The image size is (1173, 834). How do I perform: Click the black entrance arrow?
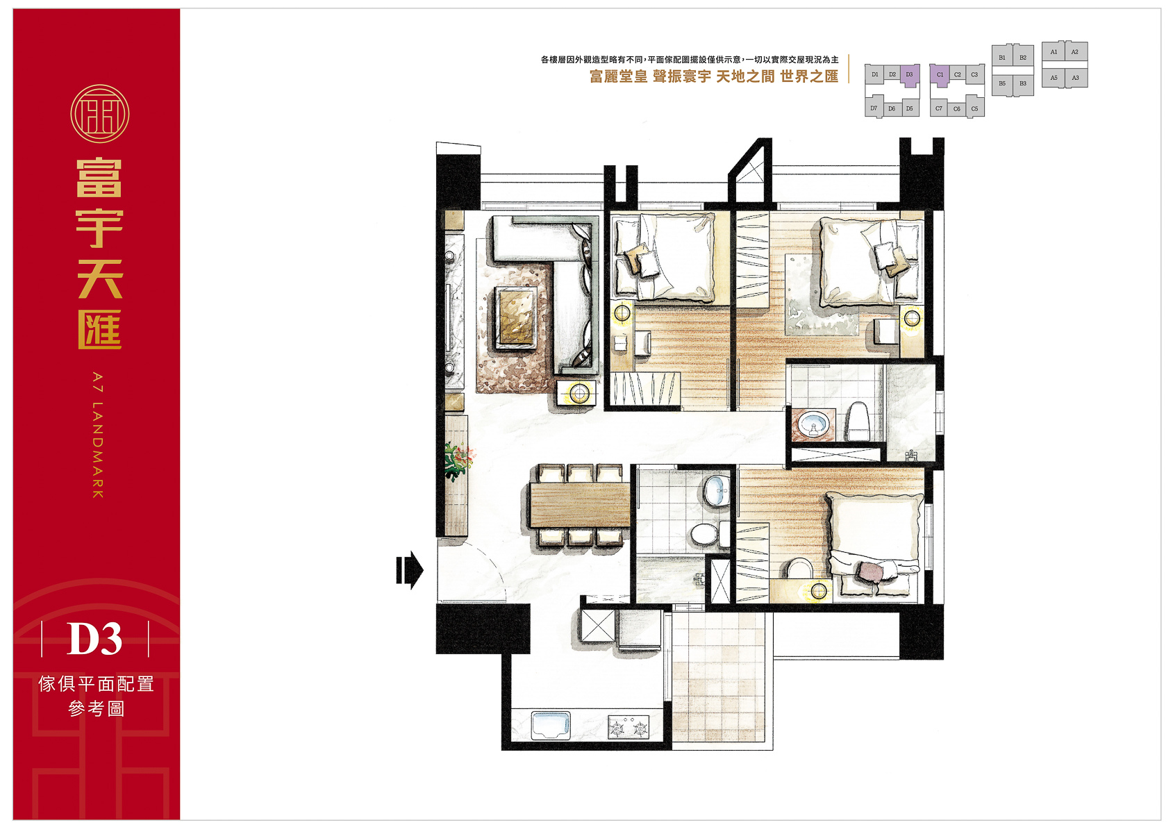pyautogui.click(x=410, y=570)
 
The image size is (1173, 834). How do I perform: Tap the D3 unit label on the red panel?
pyautogui.click(x=94, y=639)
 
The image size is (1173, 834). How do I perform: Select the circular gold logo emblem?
pyautogui.click(x=99, y=114)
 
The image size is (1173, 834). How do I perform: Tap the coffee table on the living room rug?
pyautogui.click(x=516, y=317)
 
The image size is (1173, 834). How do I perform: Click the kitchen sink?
pyautogui.click(x=551, y=725)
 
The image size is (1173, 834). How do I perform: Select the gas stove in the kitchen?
pyautogui.click(x=629, y=727)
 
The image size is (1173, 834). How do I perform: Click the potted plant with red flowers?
pyautogui.click(x=458, y=460)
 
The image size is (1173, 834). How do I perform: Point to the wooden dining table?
pyautogui.click(x=580, y=505)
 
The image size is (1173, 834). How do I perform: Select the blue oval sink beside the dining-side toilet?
pyautogui.click(x=717, y=491)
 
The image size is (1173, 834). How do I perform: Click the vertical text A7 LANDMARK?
pyautogui.click(x=98, y=435)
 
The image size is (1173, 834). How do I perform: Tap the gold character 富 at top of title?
pyautogui.click(x=99, y=178)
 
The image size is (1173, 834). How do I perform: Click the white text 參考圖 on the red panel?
pyautogui.click(x=97, y=708)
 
